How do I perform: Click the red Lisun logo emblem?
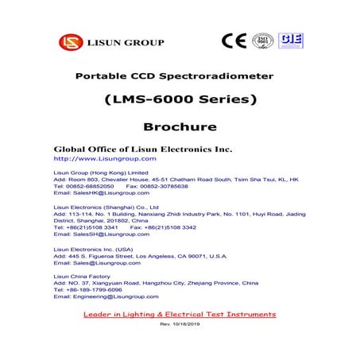pyautogui.click(x=69, y=42)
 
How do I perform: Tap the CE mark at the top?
pyautogui.click(x=234, y=41)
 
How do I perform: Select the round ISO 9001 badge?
pyautogui.click(x=262, y=41)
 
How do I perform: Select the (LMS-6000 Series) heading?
pyautogui.click(x=180, y=100)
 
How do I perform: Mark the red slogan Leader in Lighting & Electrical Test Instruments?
pyautogui.click(x=180, y=315)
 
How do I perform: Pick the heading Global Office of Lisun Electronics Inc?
pyautogui.click(x=142, y=149)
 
